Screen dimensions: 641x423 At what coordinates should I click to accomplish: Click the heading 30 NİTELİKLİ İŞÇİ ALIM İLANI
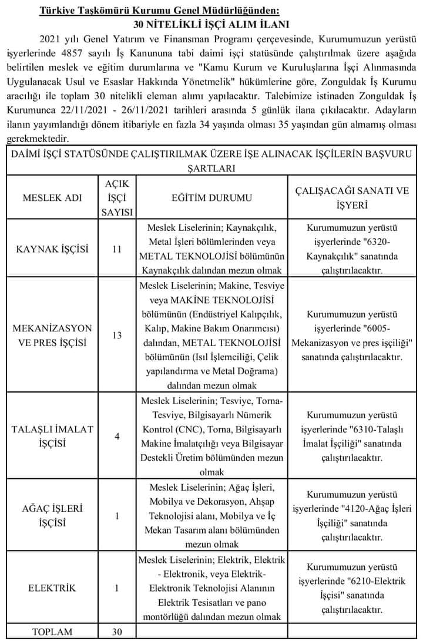pos(212,25)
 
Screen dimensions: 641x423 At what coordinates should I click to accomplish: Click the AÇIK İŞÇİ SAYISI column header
pos(116,198)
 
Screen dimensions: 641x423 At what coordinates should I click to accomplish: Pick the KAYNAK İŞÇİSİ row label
pos(52,249)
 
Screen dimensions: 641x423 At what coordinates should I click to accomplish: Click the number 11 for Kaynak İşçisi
pos(116,249)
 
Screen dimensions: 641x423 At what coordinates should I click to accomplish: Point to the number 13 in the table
pos(116,335)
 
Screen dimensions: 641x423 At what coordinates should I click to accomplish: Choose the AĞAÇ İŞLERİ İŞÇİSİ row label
pos(52,515)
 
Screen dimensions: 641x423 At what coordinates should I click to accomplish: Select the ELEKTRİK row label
pos(52,588)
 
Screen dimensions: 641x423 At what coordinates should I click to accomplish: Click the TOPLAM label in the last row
pos(52,632)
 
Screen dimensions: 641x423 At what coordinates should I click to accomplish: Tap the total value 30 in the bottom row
pos(116,632)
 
